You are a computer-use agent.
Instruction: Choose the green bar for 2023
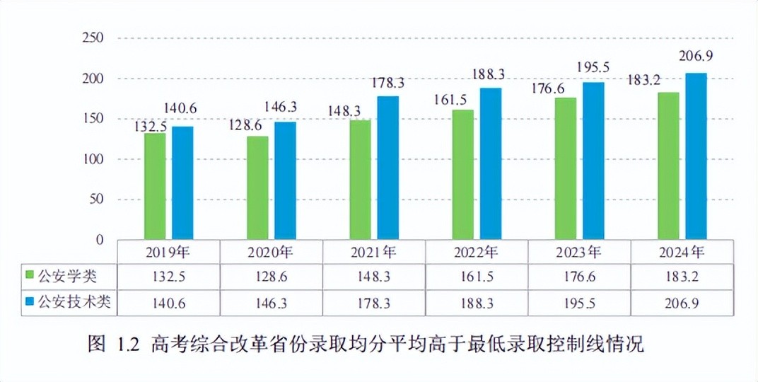pos(566,169)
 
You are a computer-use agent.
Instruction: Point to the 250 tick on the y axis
pos(93,37)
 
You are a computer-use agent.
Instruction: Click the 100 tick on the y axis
pos(93,159)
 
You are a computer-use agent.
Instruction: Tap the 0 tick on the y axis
pos(100,240)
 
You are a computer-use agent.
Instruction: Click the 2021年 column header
pos(373,252)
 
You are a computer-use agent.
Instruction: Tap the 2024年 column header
pos(682,252)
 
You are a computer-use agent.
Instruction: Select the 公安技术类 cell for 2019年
pos(169,303)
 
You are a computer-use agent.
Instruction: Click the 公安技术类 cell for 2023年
pos(579,303)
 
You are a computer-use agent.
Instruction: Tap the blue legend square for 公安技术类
pos(30,303)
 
